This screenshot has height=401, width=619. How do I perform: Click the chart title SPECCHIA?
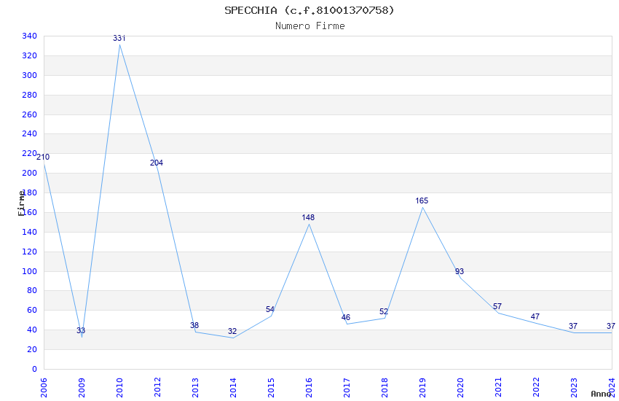pos(309,10)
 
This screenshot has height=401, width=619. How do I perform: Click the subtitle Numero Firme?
pos(309,26)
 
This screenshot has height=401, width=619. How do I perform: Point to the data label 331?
pos(119,38)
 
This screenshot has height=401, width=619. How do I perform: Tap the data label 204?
pos(157,163)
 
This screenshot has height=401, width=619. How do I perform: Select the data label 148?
pos(308,217)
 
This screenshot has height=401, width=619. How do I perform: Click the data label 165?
pos(422,200)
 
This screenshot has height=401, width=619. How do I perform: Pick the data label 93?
pos(460,271)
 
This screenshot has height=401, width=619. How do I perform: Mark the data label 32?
pos(232,331)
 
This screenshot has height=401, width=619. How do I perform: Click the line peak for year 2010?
pos(119,44)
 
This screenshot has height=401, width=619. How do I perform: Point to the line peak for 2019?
pos(422,208)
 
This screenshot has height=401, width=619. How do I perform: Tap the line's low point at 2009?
pos(82,337)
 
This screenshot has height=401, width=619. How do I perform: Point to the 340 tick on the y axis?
pos(30,36)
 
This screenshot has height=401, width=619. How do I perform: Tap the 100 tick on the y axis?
pos(30,271)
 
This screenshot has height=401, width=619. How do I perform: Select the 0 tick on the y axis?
pos(34,369)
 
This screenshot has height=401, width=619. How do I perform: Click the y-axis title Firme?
pos(22,202)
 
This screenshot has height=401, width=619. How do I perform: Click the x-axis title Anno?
pos(601,394)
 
